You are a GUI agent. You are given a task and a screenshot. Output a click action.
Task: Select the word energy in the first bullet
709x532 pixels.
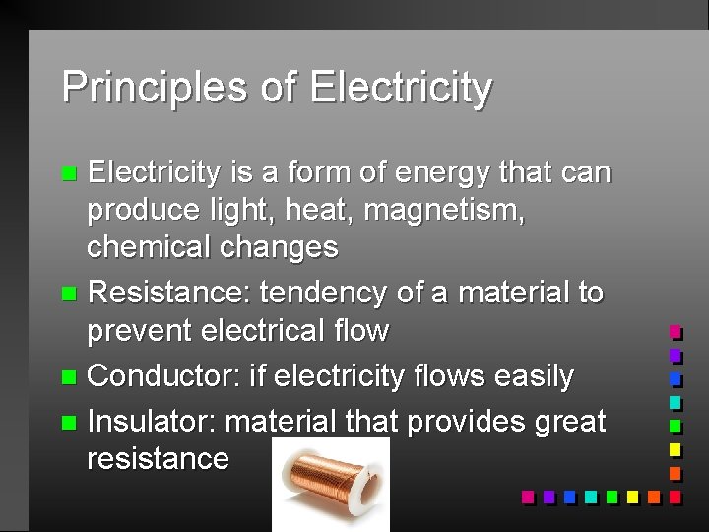click(x=443, y=173)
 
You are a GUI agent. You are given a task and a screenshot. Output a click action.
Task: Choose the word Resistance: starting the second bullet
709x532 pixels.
click(x=170, y=293)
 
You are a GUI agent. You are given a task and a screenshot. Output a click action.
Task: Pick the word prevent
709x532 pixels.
click(x=140, y=330)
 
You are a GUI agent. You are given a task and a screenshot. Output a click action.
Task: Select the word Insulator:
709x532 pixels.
click(x=152, y=422)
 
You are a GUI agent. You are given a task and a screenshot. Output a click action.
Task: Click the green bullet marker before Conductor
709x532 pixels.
click(x=67, y=377)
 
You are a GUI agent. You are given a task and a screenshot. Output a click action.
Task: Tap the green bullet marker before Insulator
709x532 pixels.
click(x=67, y=423)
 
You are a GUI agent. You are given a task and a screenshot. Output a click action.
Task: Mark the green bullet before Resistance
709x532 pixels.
click(x=67, y=294)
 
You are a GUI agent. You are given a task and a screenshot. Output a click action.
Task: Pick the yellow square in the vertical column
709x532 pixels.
click(x=676, y=450)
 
